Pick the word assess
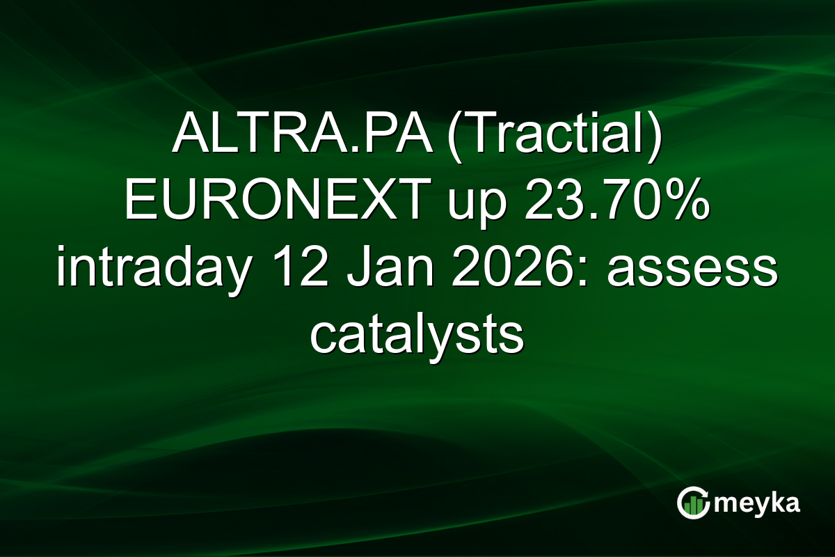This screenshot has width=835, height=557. click(x=691, y=269)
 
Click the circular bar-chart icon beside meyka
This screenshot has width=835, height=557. click(x=694, y=503)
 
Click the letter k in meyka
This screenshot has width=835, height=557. click(x=778, y=503)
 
